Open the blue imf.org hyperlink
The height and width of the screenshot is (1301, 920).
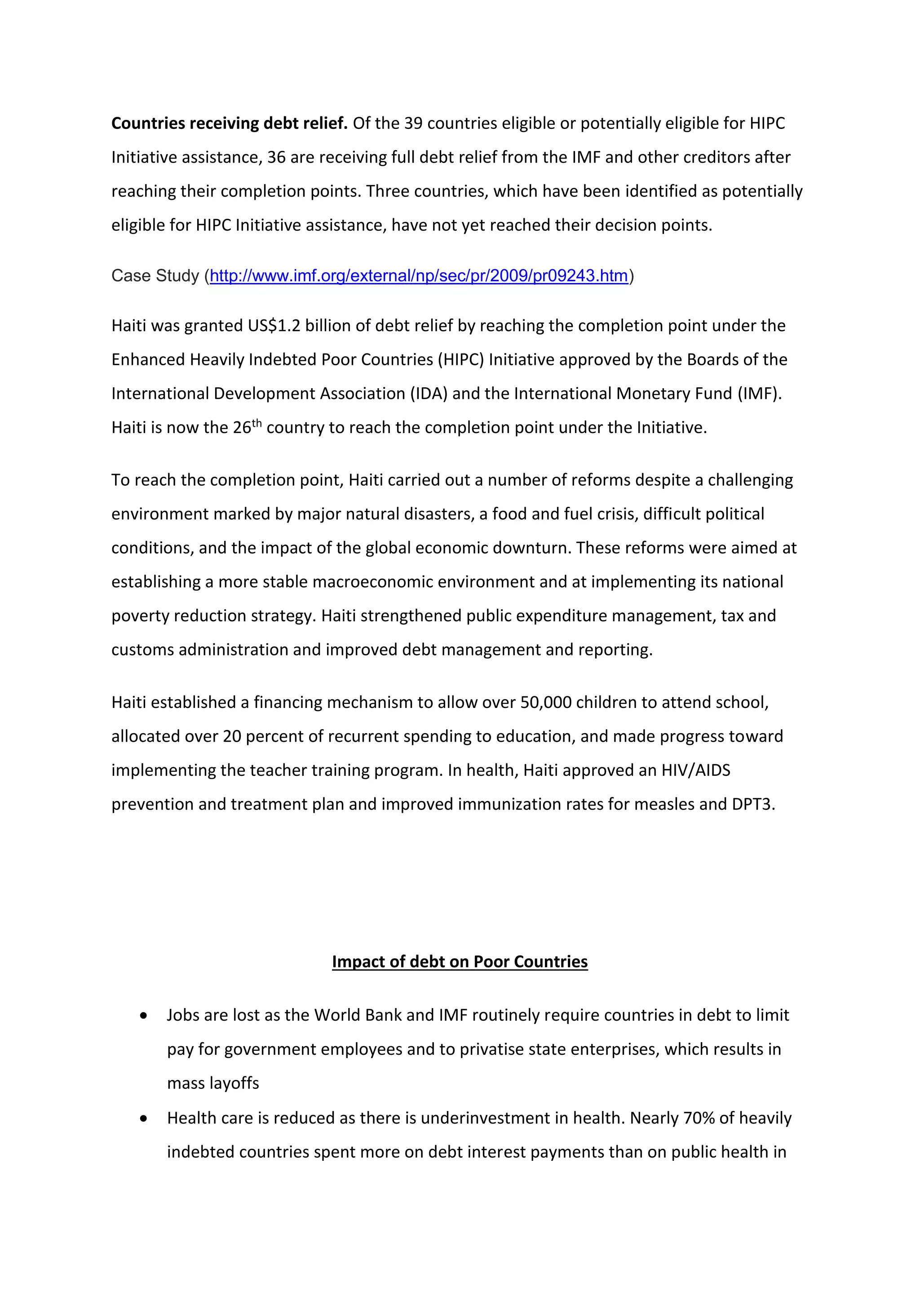point(419,276)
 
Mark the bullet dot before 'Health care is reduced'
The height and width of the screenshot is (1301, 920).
point(144,1119)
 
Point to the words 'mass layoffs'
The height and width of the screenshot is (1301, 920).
point(213,1084)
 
